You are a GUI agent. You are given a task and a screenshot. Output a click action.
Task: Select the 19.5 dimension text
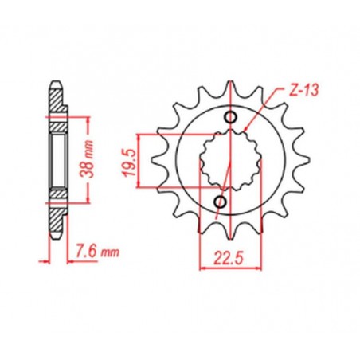(127, 159)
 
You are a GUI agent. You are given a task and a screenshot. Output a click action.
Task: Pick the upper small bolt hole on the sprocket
(232, 119)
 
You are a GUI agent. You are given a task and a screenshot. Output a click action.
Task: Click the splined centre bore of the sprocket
(228, 159)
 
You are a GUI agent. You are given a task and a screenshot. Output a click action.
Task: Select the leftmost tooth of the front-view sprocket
(158, 151)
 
